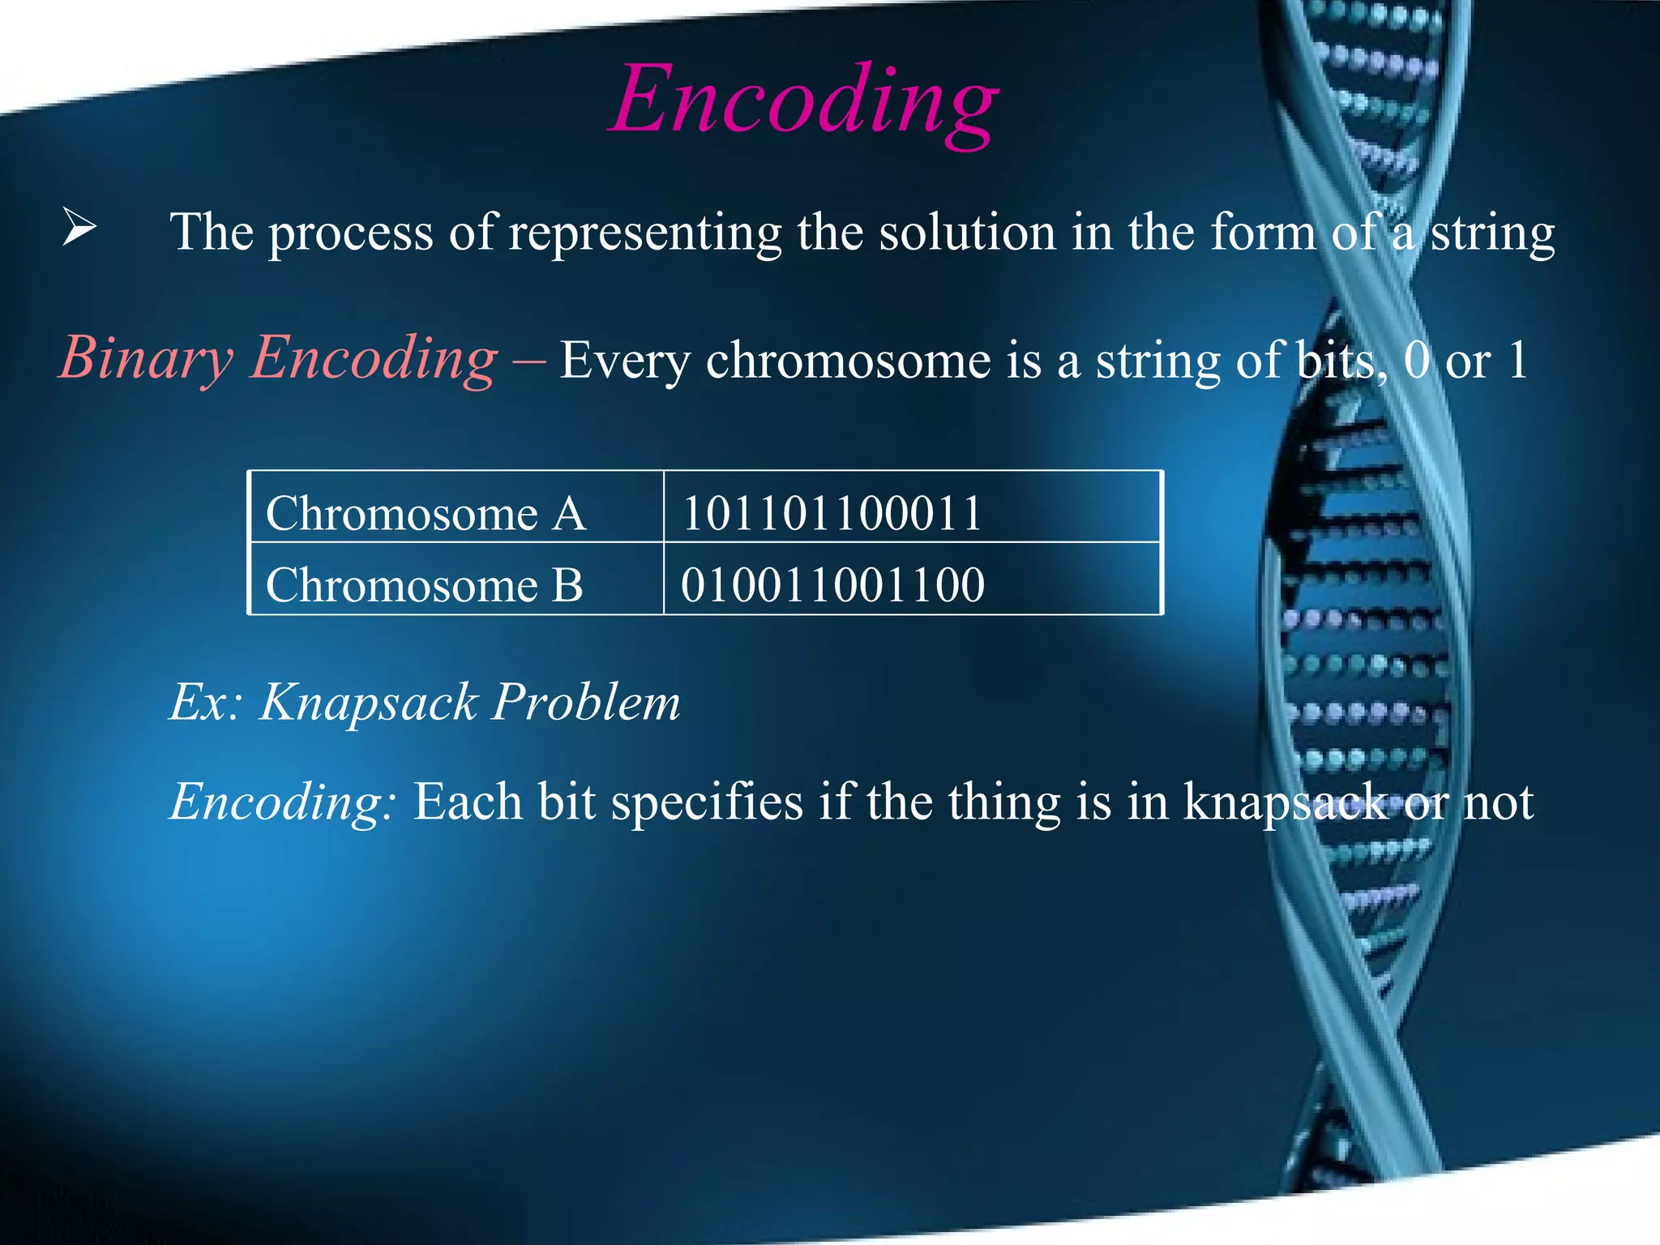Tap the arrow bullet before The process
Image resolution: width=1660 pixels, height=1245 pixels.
[79, 228]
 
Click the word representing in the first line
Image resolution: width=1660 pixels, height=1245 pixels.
[644, 233]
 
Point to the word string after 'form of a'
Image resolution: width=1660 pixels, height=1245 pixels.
[1492, 233]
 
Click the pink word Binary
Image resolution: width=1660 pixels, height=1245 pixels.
[146, 358]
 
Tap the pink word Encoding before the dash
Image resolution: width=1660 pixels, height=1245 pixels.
[373, 358]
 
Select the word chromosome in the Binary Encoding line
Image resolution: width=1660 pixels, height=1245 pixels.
[848, 360]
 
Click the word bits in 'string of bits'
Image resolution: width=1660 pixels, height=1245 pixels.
[1341, 360]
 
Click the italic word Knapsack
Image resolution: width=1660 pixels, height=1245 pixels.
[369, 702]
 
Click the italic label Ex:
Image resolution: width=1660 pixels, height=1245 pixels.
[206, 702]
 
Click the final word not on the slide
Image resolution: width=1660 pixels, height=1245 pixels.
[1499, 802]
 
